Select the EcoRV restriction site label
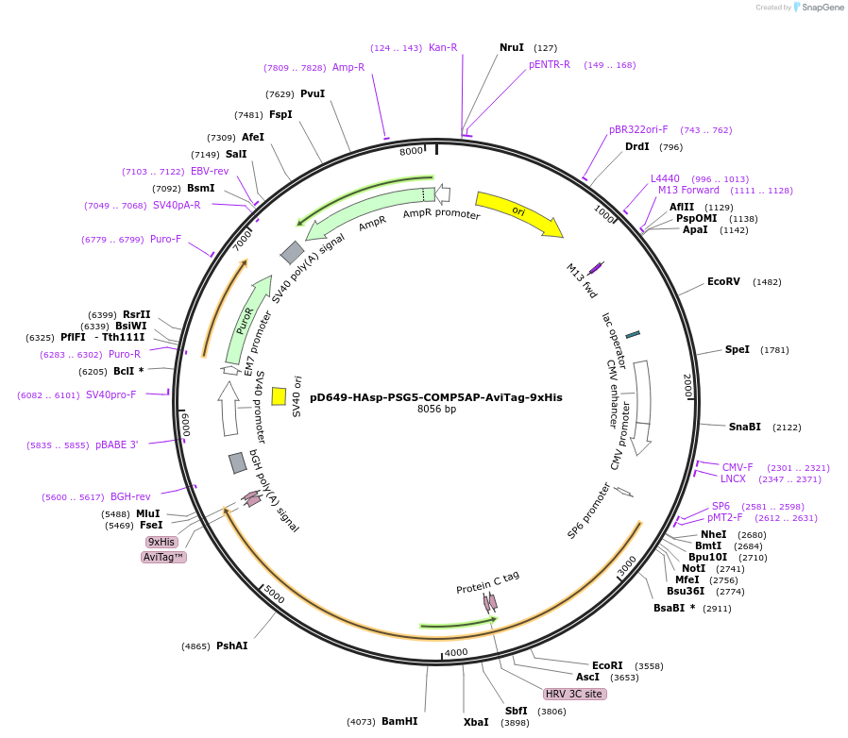[723, 281]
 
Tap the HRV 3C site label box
[574, 694]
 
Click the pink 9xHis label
[161, 542]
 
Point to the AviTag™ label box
[163, 557]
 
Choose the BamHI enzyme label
[399, 721]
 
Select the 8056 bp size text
[436, 410]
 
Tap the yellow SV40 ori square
[279, 396]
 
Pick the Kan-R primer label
[443, 47]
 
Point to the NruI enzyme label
[512, 47]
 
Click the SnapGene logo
[819, 8]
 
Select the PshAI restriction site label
[231, 646]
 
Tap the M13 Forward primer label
[688, 190]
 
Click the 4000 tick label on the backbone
[456, 652]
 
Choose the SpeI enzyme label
[738, 349]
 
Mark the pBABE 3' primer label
[116, 444]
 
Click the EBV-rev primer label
[210, 171]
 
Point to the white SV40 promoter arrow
[229, 408]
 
